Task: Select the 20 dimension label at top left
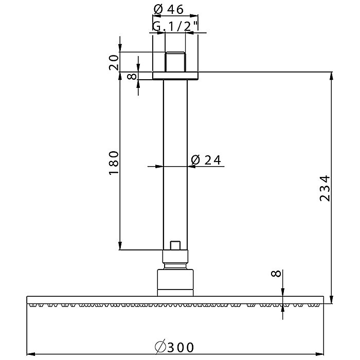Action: [114, 62]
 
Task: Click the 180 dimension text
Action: [114, 163]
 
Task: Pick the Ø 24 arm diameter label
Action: [206, 160]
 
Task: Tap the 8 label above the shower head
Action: [276, 274]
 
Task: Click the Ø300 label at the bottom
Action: [175, 348]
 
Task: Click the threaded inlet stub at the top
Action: [175, 62]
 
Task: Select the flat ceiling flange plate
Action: [175, 76]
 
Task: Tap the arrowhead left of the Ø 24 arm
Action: [159, 166]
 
